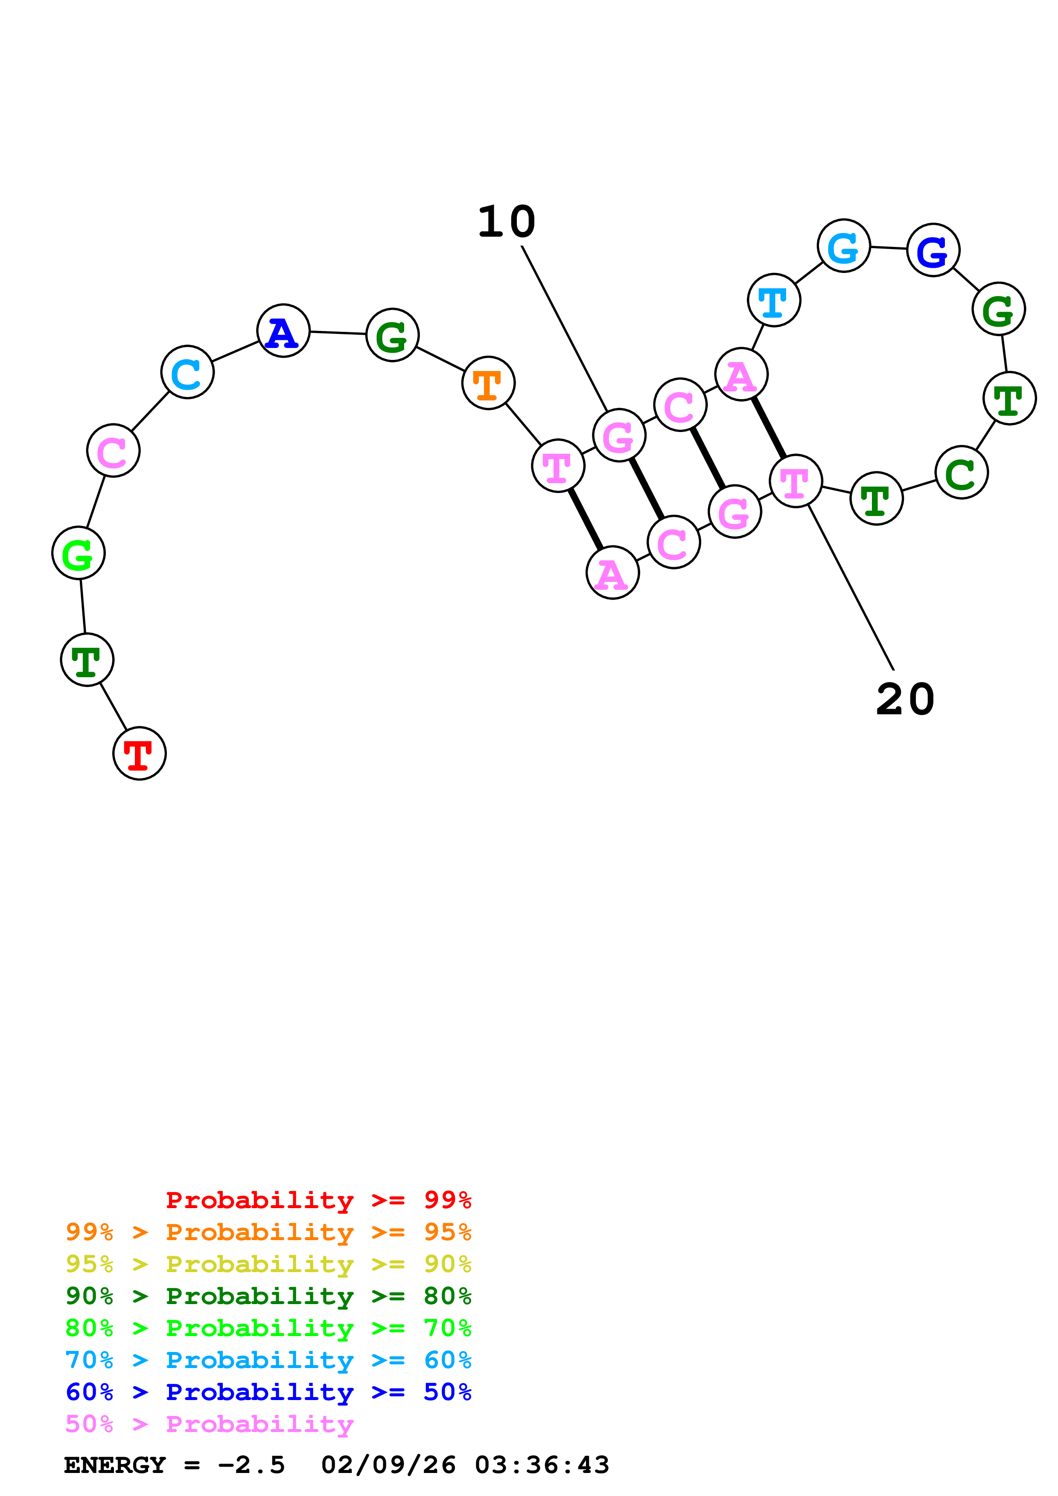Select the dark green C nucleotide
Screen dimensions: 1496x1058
(962, 473)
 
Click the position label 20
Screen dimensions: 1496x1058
(905, 700)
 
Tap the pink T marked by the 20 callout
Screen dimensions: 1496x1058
(795, 481)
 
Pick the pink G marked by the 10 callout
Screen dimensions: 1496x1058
(619, 435)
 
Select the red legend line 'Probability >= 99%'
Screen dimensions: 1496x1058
(318, 1200)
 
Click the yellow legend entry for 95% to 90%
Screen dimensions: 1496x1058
(268, 1264)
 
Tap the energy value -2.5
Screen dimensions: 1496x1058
(251, 1465)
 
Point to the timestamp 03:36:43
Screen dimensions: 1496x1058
(542, 1465)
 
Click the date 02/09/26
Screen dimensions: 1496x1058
(388, 1465)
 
